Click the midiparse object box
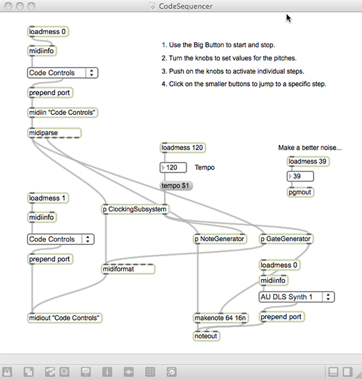pos(54,133)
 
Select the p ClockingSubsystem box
pos(135,210)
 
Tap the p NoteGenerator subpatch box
pos(220,239)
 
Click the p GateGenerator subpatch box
pos(286,239)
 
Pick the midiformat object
pos(128,269)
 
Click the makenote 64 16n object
pos(220,318)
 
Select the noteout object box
pos(206,336)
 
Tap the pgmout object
pos(300,192)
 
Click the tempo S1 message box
pos(176,186)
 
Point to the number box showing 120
pos(173,167)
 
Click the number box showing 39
pos(300,176)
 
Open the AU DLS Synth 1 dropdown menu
pos(297,297)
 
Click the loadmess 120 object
pos(182,148)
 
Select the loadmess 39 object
pos(308,161)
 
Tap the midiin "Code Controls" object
pos(63,112)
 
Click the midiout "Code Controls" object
pos(65,318)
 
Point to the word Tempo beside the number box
pos(205,167)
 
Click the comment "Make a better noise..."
pos(310,148)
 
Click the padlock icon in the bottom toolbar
pos(7,372)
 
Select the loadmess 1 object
pos(48,198)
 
